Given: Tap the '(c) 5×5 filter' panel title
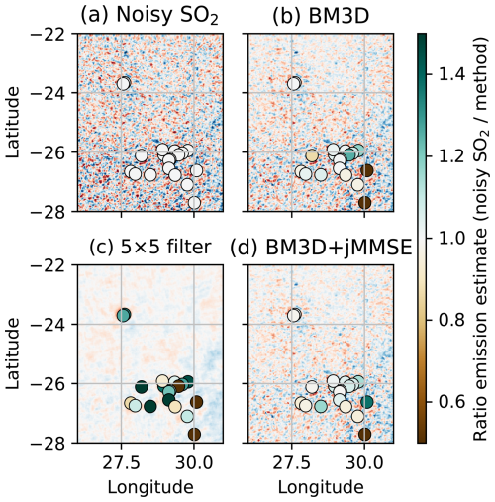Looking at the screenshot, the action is (x=150, y=247).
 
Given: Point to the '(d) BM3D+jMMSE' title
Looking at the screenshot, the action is (x=321, y=248).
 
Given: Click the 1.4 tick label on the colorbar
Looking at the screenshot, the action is (x=451, y=74).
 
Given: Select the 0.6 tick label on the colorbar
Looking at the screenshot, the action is (x=451, y=402).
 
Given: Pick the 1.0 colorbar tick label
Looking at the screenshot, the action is (x=451, y=239).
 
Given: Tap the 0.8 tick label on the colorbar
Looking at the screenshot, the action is (x=451, y=320).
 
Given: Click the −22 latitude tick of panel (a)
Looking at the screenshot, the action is (x=50, y=34).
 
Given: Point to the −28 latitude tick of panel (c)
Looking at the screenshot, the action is (x=50, y=443).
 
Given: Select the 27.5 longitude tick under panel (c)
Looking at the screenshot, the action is (x=121, y=463).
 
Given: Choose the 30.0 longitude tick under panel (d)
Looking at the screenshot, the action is (x=364, y=463).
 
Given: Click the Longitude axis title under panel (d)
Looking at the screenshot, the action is (x=321, y=487).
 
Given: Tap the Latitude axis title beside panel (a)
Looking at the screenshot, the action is (x=13, y=123).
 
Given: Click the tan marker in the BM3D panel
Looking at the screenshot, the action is (x=312, y=155).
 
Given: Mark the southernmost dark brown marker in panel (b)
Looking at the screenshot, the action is (x=364, y=203).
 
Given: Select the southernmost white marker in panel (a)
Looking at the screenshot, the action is (x=194, y=203).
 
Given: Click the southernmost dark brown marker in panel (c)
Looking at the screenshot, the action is (x=194, y=434).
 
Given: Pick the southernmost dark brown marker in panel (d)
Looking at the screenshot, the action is (x=364, y=434).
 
